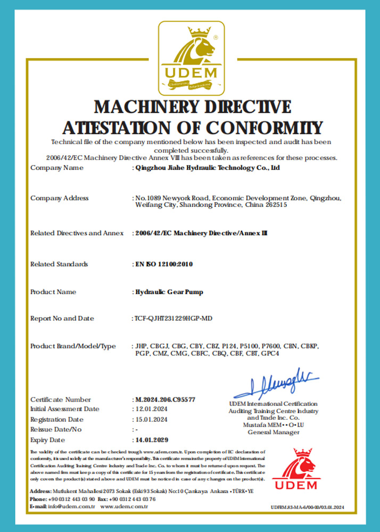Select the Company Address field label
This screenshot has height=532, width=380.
pyautogui.click(x=60, y=198)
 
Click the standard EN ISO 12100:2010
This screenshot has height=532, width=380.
pyautogui.click(x=163, y=264)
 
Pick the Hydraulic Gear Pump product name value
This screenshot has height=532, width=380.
pyautogui.click(x=169, y=292)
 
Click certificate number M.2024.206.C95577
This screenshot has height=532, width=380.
pyautogui.click(x=165, y=400)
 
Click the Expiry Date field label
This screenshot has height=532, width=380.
pyautogui.click(x=48, y=440)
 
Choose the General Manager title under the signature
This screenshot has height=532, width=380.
pyautogui.click(x=274, y=432)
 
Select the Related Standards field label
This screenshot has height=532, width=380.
pyautogui.click(x=59, y=264)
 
